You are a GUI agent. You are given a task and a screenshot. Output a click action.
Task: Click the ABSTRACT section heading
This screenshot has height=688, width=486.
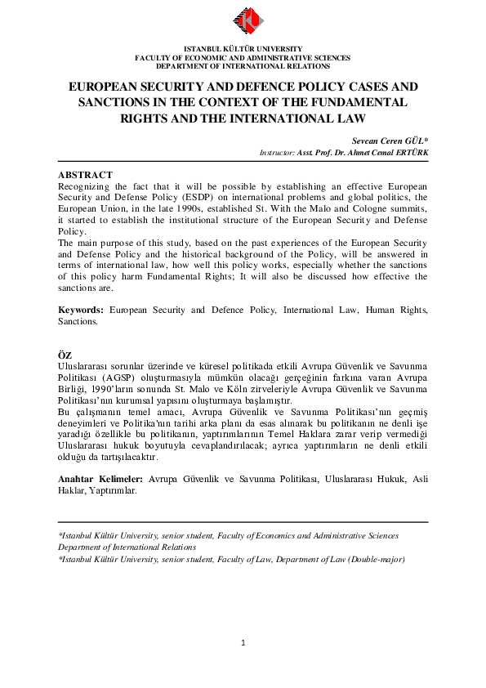85,175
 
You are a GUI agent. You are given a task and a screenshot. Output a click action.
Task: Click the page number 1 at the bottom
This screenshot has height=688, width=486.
243,643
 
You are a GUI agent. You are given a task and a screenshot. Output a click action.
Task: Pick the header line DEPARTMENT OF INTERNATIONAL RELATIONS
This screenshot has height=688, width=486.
243,65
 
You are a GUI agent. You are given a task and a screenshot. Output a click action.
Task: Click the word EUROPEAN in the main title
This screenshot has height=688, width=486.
103,86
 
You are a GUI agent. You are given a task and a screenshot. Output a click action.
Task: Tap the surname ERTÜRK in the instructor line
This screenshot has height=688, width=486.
408,153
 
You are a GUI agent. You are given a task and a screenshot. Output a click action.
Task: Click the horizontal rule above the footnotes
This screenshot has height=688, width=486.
243,522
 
